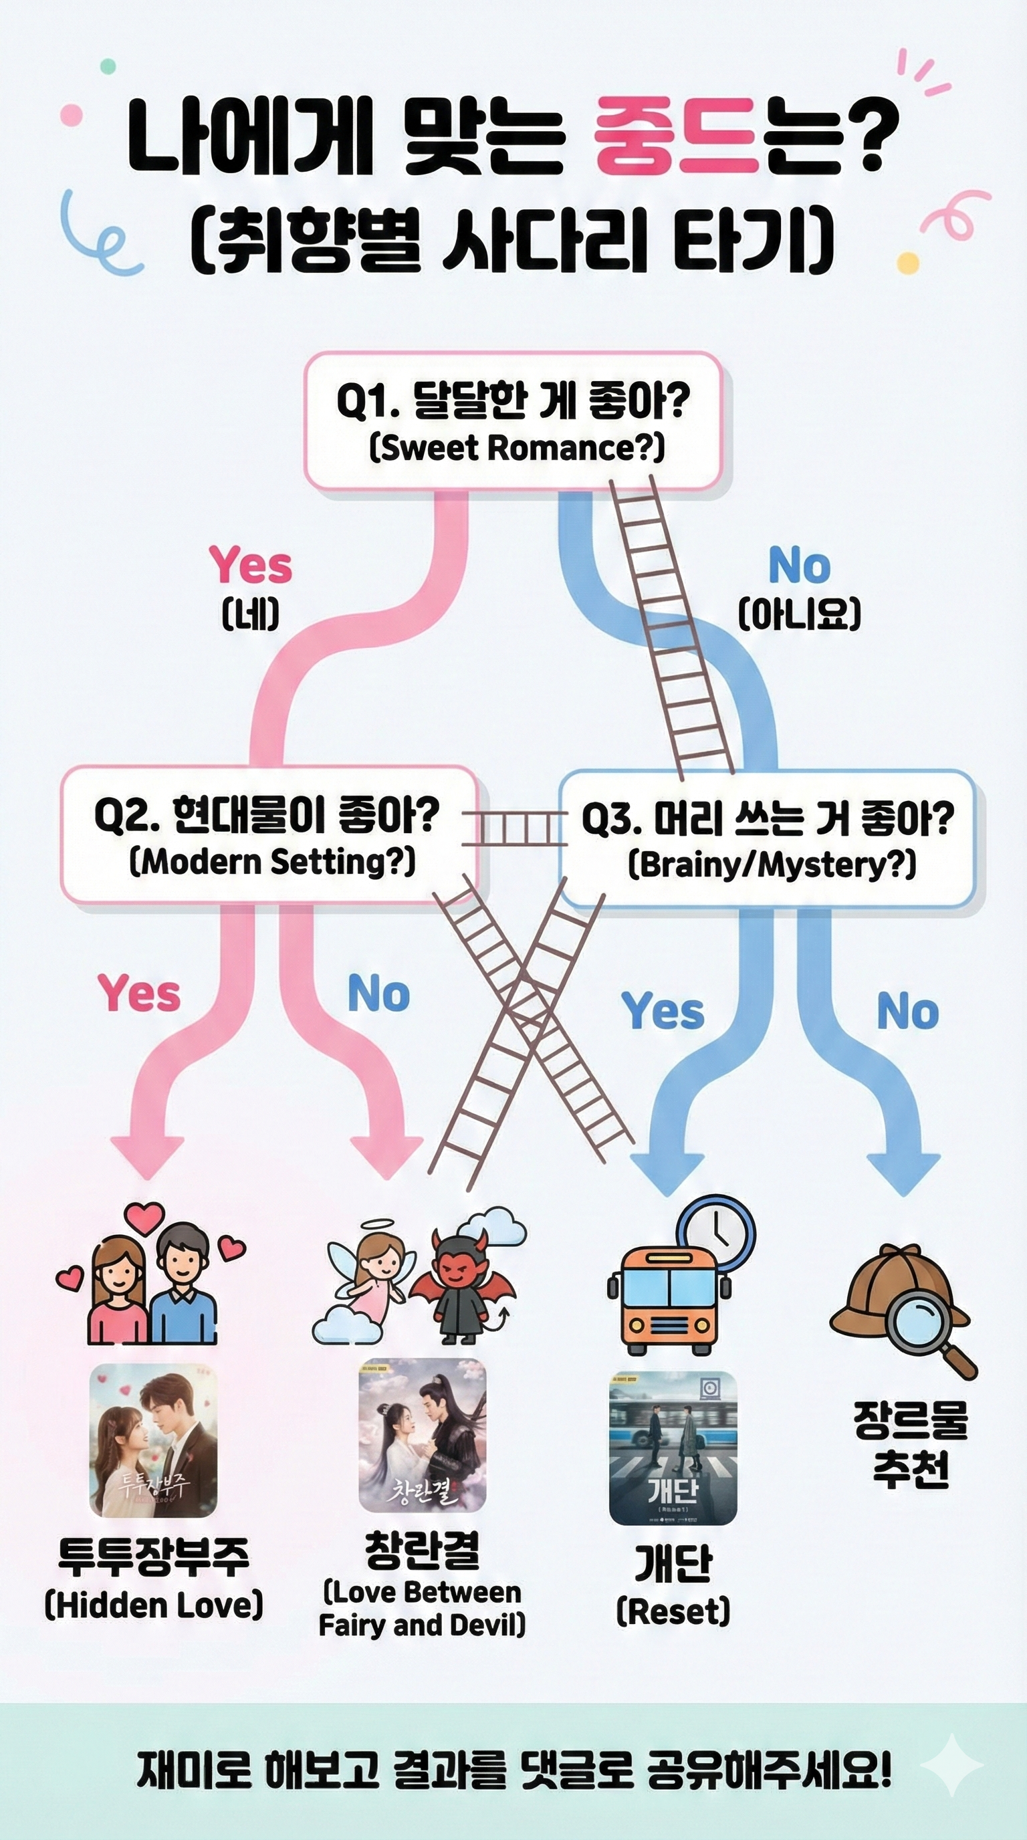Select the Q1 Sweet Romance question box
(x=513, y=421)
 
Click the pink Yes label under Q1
(x=251, y=566)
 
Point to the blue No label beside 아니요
(x=799, y=567)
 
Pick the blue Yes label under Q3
(x=663, y=1012)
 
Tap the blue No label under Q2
(x=378, y=994)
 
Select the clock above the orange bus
(x=716, y=1234)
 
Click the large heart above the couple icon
(x=145, y=1217)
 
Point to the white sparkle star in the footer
(x=952, y=1765)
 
